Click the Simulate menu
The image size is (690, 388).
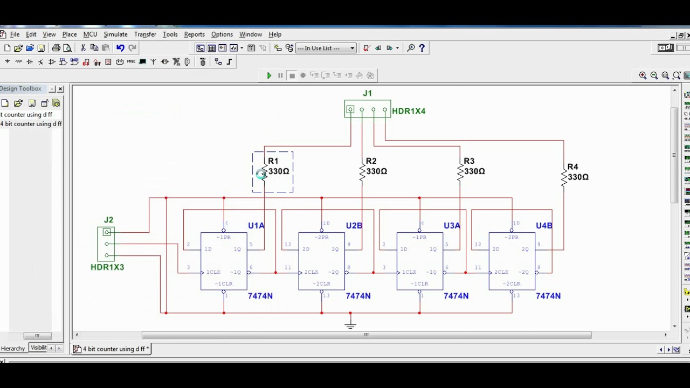coord(115,34)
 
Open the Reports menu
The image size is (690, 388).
coord(194,34)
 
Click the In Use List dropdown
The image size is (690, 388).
coord(326,48)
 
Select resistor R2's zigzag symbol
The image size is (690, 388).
coord(362,171)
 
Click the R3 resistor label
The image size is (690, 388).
coord(468,161)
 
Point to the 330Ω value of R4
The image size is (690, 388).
coord(578,177)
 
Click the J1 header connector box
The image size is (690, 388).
coord(368,109)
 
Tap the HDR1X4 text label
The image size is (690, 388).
coord(409,111)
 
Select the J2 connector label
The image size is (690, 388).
coord(108,220)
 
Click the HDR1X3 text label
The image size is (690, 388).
coord(107,267)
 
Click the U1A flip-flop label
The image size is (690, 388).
coord(256,226)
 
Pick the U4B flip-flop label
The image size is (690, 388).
coord(544,226)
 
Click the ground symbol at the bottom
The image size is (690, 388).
coord(350,324)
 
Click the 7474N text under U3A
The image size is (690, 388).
coord(456,296)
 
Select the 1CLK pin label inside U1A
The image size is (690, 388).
coord(213,272)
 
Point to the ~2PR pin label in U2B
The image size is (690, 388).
coord(321,237)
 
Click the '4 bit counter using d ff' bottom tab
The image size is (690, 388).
coord(113,349)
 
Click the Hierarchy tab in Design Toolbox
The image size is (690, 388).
coord(13,349)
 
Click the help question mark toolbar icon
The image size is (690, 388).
coord(422,48)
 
